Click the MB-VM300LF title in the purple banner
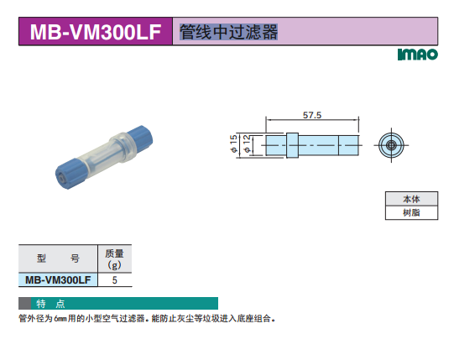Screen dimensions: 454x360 pyautogui.click(x=96, y=32)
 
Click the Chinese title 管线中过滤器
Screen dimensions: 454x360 pyautogui.click(x=228, y=32)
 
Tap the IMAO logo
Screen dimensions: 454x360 pyautogui.click(x=418, y=55)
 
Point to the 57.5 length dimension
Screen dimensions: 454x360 pyautogui.click(x=312, y=115)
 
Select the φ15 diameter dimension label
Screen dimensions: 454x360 pyautogui.click(x=233, y=143)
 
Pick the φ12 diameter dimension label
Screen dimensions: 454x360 pyautogui.click(x=247, y=143)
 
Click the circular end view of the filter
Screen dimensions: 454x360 pyautogui.click(x=391, y=145)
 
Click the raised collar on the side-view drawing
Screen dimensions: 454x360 pyautogui.click(x=292, y=145)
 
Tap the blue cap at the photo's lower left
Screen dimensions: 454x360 pyautogui.click(x=70, y=173)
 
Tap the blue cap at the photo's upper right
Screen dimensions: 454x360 pyautogui.click(x=140, y=139)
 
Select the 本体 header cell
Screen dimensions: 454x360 pyautogui.click(x=411, y=199)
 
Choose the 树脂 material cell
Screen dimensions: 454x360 pyautogui.click(x=411, y=213)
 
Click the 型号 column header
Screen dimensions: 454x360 pyautogui.click(x=58, y=258)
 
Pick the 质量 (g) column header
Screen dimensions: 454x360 pyautogui.click(x=115, y=258)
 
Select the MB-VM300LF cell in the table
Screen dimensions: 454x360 pyautogui.click(x=58, y=279)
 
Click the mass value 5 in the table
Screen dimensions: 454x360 pyautogui.click(x=115, y=280)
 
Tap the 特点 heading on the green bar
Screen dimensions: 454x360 pyautogui.click(x=50, y=304)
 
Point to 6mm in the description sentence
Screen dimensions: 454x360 pyautogui.click(x=60, y=319)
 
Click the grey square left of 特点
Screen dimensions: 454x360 pyautogui.click(x=25, y=303)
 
